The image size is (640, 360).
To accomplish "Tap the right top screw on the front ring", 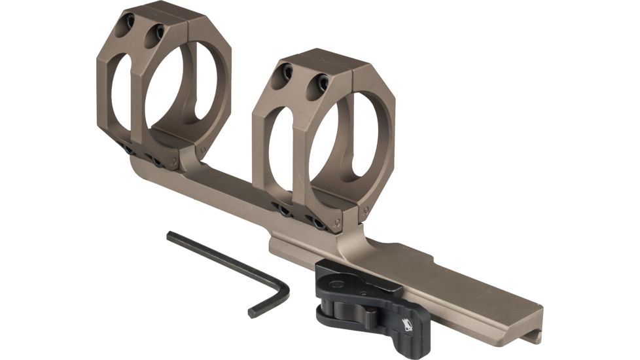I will (x=322, y=82).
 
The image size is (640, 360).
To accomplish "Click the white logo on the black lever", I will (x=408, y=323).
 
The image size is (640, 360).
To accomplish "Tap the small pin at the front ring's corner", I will (x=364, y=210).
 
